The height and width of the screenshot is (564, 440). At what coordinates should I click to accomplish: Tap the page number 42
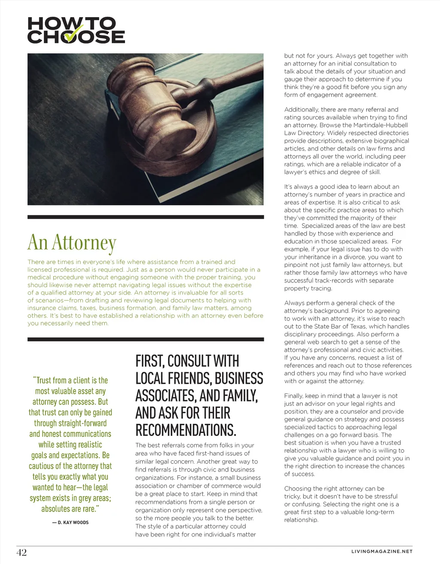click(x=21, y=552)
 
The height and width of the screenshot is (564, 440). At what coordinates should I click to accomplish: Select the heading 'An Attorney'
click(x=72, y=242)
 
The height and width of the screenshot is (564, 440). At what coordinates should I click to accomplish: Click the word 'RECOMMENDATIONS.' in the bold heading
click(x=186, y=430)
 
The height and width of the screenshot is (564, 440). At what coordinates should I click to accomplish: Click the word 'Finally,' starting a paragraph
click(x=295, y=396)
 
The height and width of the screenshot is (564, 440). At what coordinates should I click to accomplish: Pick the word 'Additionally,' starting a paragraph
click(x=302, y=110)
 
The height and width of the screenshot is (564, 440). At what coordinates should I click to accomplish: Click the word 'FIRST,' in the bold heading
click(x=150, y=361)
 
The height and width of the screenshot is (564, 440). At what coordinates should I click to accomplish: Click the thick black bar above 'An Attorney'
click(x=146, y=217)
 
